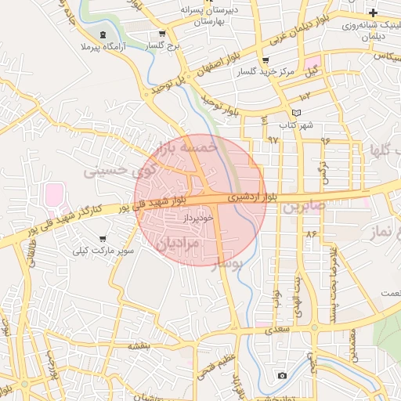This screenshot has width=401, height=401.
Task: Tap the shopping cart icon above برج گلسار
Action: point(162,34)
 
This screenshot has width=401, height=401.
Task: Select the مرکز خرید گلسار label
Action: point(266,71)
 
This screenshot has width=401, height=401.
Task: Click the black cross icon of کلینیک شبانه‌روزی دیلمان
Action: point(374,13)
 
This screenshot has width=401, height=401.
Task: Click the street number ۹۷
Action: point(273,139)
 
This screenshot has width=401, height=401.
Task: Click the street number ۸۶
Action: point(312,233)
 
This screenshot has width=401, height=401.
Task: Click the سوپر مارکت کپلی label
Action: point(103,251)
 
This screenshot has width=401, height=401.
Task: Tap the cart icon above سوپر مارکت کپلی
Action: point(103,238)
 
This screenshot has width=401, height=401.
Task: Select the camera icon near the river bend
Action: point(282,375)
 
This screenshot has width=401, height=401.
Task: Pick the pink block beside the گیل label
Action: point(314,62)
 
